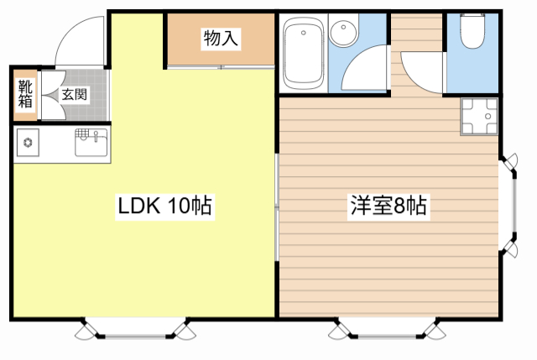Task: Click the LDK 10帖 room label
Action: point(164,206)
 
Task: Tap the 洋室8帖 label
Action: point(388,206)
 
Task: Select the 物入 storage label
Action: point(221,39)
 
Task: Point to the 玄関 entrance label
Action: point(75,94)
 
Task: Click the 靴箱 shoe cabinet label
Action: point(25,94)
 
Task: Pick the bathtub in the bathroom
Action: point(304,54)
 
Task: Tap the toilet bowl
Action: point(472,31)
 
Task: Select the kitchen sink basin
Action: point(91,143)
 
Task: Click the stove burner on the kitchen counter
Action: point(28,142)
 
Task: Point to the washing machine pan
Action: point(479,117)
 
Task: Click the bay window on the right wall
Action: point(509,206)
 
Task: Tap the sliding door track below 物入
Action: point(221,67)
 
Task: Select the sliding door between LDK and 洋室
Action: point(277,207)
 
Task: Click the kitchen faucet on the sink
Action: point(96,136)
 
